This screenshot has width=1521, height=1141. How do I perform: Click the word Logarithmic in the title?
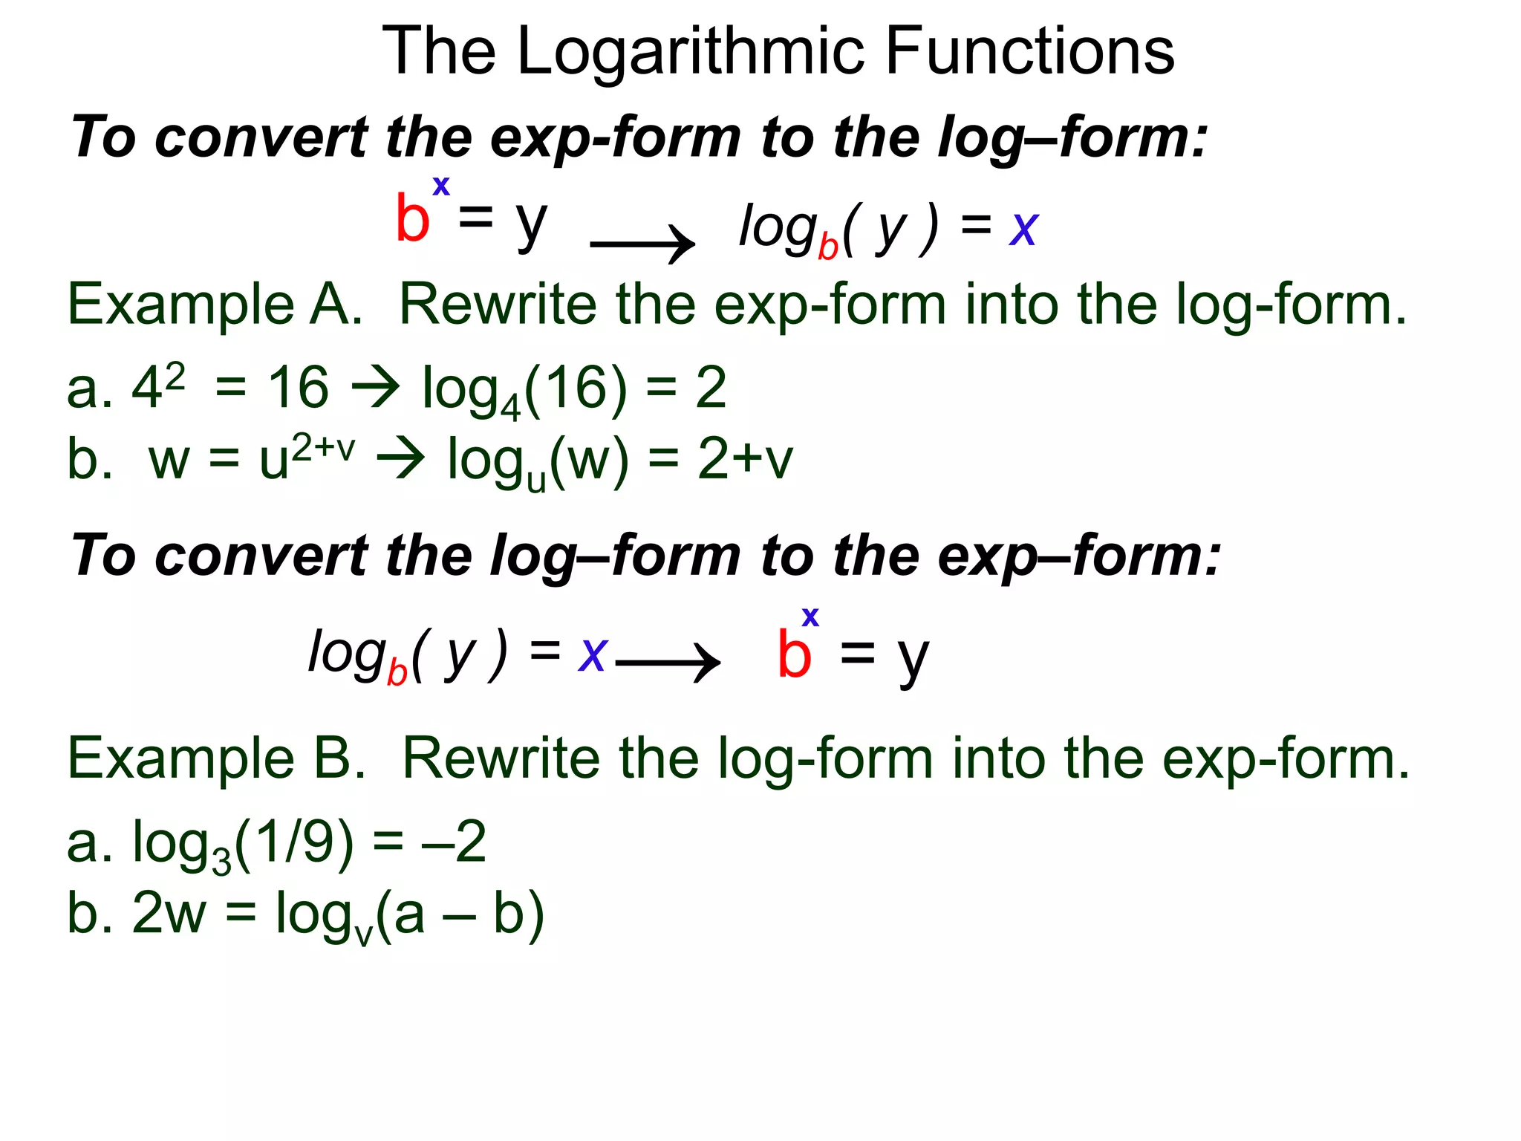pos(691,52)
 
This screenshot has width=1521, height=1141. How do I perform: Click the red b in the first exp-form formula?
pos(412,218)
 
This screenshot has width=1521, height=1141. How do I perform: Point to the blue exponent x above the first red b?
pos(441,185)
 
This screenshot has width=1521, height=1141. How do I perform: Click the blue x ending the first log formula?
pos(1023,229)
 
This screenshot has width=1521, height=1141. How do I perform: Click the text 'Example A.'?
pos(215,305)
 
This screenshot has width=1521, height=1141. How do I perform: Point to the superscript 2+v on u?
pos(323,448)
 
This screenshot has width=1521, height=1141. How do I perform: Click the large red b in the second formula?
pos(794,654)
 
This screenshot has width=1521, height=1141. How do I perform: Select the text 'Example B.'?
pos(216,758)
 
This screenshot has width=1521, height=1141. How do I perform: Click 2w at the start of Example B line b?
pos(169,913)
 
